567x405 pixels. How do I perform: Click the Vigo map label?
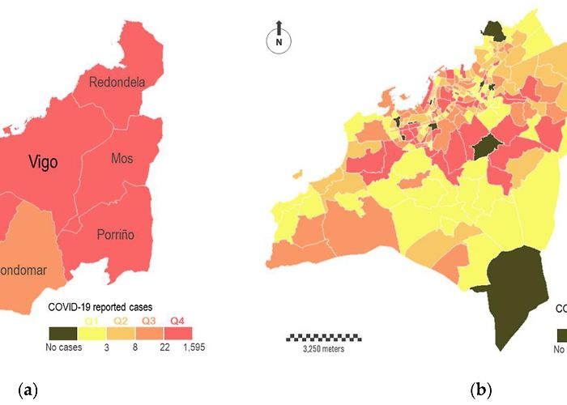tap(42, 162)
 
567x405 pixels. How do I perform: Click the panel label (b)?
tap(482, 390)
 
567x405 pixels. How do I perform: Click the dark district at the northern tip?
tap(494, 30)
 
